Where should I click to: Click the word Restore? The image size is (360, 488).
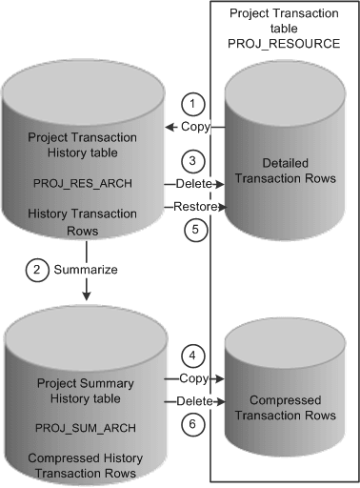[193, 206]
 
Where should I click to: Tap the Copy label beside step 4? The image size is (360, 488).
[195, 379]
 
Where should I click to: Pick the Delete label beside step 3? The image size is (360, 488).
[194, 182]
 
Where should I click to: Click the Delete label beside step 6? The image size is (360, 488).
[195, 402]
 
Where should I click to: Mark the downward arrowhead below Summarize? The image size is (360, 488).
[86, 295]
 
